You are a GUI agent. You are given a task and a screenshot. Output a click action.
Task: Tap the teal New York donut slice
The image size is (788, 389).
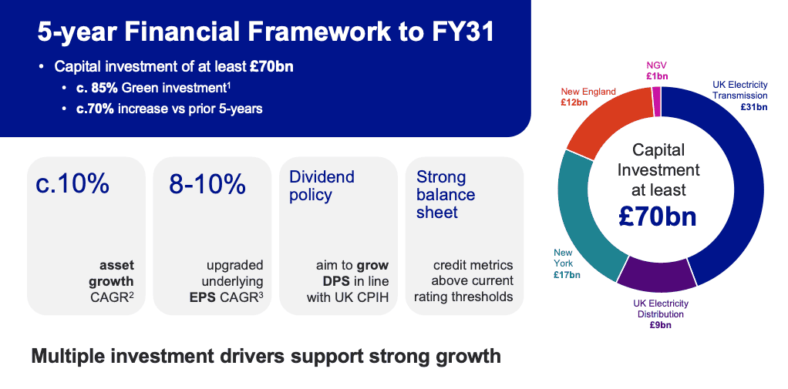(583, 216)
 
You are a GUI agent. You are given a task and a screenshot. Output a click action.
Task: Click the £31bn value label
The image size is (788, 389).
(754, 106)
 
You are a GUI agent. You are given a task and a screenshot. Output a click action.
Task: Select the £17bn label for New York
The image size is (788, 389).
(567, 274)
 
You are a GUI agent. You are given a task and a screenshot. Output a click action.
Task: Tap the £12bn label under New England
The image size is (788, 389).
(574, 102)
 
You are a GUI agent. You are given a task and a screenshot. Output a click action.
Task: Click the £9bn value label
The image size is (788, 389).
(660, 325)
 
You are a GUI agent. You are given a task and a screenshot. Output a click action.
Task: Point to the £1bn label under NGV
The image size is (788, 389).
(658, 76)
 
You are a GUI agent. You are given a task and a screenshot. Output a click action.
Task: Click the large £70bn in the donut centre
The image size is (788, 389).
(658, 216)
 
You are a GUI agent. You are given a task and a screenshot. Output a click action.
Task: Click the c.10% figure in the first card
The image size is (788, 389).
(72, 184)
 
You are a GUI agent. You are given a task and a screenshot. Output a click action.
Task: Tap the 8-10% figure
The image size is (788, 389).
(207, 184)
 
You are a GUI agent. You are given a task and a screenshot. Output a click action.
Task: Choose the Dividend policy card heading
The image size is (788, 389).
(322, 186)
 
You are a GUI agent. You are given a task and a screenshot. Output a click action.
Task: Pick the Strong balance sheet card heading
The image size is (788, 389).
(446, 194)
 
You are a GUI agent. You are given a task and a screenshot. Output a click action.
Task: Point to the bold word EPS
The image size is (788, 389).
(203, 297)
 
